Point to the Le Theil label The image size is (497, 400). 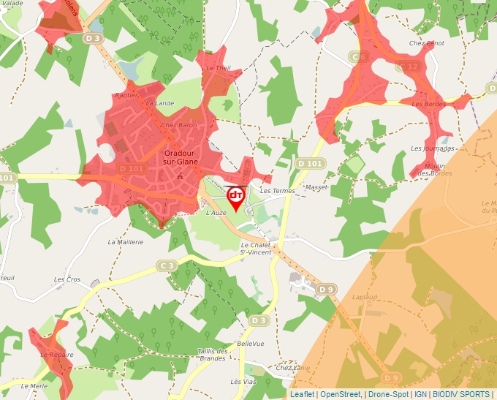[218, 68]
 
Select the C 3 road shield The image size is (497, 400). [167, 265]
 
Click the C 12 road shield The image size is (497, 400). [410, 67]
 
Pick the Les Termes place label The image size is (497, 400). [278, 191]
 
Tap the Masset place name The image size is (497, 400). [316, 187]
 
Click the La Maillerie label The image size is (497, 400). [125, 241]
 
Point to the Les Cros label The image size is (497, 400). [68, 279]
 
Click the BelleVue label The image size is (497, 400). [250, 343]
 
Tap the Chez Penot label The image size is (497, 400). [427, 44]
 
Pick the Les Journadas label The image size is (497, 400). [433, 148]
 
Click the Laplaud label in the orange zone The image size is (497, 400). [364, 298]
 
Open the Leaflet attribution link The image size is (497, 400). [302, 394]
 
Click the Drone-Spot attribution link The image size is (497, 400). [388, 394]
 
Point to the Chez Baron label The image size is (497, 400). [178, 125]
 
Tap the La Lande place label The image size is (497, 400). [160, 103]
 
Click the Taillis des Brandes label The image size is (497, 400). [212, 355]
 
